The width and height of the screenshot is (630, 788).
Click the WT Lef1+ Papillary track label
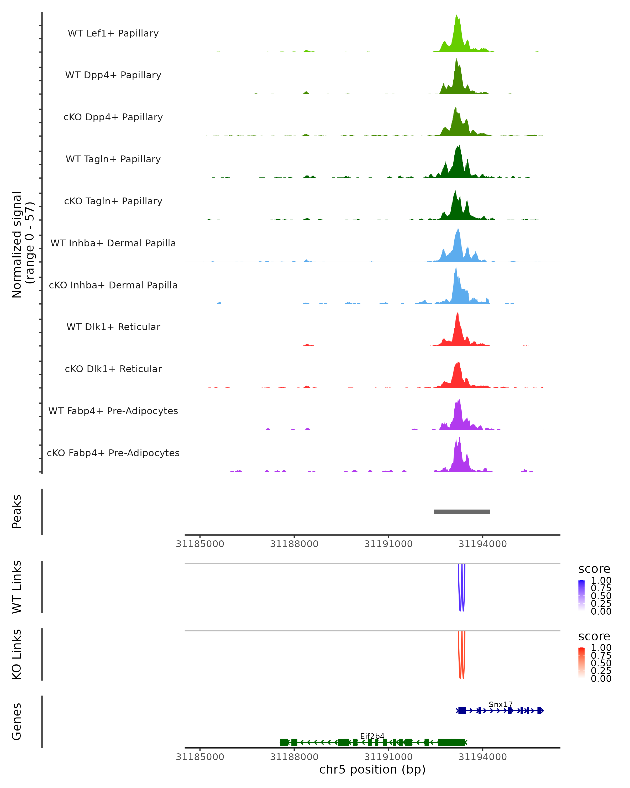pos(113,33)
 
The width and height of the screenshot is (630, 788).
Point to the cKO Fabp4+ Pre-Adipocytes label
pos(113,453)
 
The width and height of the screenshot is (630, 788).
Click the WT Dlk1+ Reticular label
pos(113,327)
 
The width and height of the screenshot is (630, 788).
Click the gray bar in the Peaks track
pos(462,512)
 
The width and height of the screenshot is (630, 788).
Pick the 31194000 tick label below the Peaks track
pos(482,544)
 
